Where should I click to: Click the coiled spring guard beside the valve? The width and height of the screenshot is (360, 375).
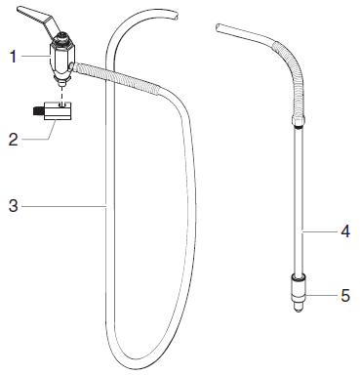(107, 75)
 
